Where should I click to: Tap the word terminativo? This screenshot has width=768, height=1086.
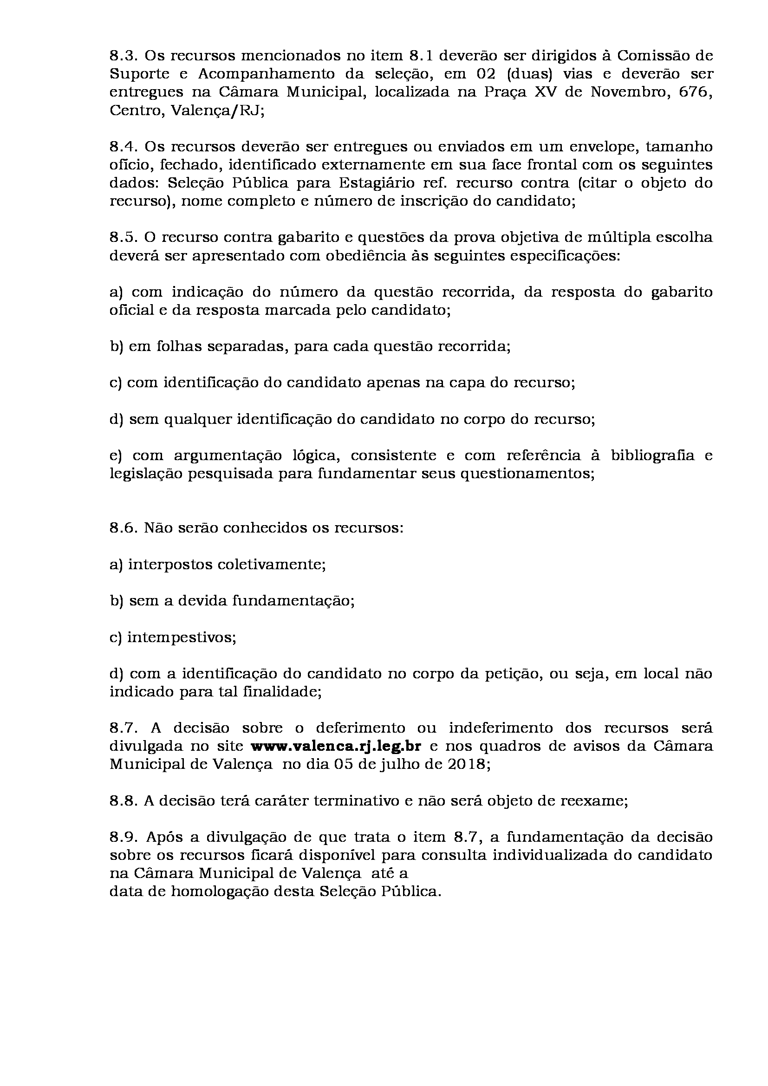[x=357, y=801]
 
